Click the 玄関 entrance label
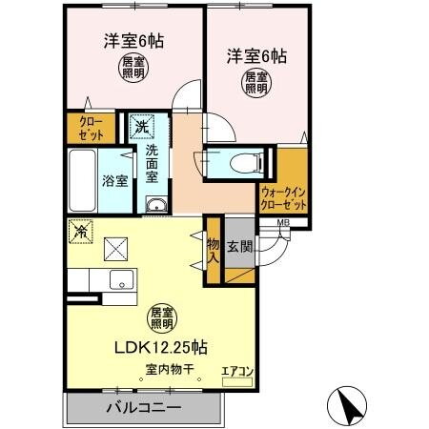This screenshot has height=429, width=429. [x=239, y=247]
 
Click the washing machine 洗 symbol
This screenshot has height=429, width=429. [x=141, y=127]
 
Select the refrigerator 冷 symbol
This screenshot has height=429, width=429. [x=81, y=231]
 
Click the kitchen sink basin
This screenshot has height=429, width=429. [x=121, y=279]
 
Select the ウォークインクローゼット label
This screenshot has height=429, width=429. [x=282, y=198]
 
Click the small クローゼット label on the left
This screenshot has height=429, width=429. [x=83, y=129]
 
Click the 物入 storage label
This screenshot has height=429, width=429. [x=214, y=251]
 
